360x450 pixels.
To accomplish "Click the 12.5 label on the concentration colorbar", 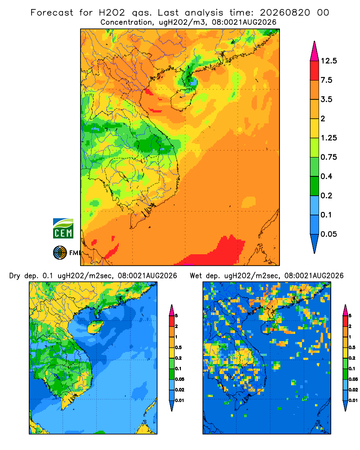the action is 328,61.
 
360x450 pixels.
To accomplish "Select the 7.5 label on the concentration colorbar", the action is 326,80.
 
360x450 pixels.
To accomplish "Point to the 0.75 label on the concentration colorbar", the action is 328,157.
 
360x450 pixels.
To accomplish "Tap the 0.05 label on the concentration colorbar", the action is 328,234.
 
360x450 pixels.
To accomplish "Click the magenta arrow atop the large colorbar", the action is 315,52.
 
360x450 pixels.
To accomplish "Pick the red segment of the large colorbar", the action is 315,71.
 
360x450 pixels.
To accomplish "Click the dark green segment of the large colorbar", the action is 315,186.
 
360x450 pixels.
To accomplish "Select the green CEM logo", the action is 63,229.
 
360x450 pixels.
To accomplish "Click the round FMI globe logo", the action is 60,253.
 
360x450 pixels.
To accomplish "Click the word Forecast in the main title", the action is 52,13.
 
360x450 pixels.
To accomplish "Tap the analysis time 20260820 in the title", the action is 285,13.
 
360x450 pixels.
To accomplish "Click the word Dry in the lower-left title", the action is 15,276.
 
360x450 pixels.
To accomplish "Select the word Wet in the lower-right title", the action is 196,276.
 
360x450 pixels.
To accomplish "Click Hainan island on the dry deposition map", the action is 95,327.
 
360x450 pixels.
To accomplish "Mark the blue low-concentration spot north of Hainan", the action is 193,82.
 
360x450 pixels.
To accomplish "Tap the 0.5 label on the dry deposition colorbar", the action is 178,347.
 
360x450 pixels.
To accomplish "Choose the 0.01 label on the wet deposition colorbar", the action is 353,400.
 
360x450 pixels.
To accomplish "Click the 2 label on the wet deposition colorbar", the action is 350,326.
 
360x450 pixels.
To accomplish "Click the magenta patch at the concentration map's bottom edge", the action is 188,264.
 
